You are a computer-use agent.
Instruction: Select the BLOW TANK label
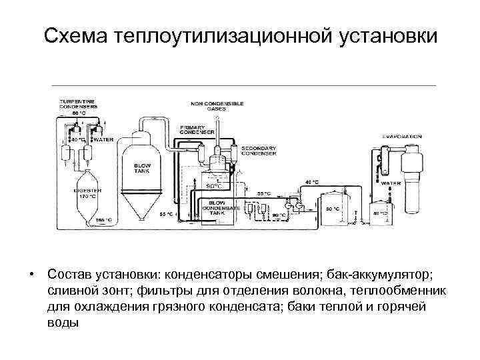[143, 168]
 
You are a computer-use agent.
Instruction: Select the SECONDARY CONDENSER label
[256, 149]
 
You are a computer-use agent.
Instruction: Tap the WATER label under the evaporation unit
[391, 182]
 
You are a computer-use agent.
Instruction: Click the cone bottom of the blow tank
[143, 207]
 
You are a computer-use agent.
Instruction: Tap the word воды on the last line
[63, 323]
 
